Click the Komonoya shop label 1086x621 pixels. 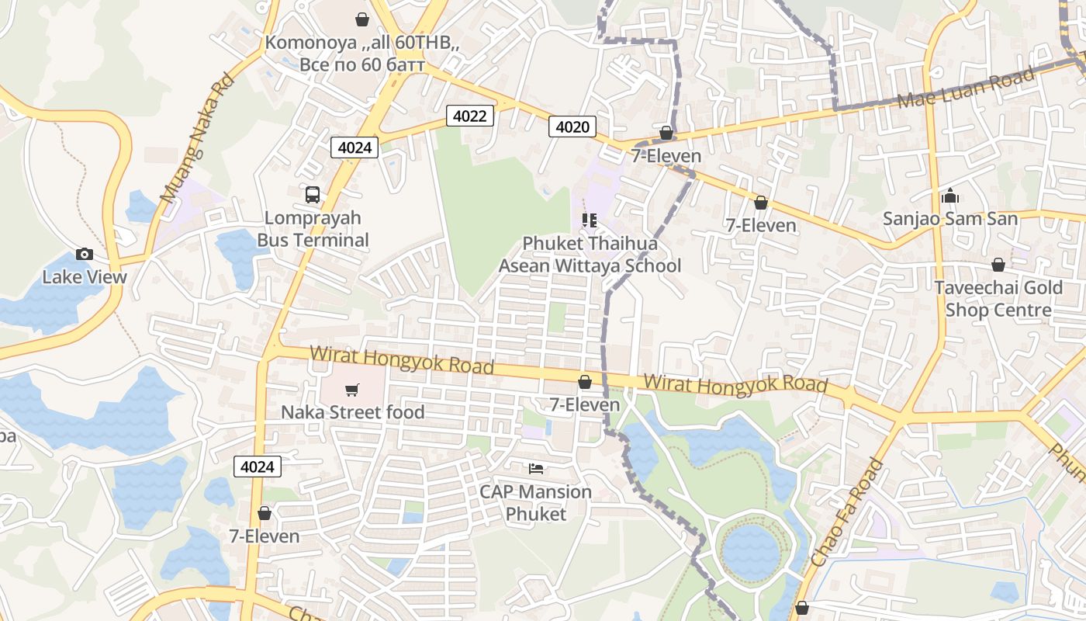361,53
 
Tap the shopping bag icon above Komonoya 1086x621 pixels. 361,19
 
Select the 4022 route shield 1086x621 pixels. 470,116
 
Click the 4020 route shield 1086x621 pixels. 572,127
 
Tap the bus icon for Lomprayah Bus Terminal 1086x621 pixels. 313,195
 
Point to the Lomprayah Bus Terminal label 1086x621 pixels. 313,229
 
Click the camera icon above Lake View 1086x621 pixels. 85,254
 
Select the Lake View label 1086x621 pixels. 85,277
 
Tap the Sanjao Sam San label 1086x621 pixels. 950,219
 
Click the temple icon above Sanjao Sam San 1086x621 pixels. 950,195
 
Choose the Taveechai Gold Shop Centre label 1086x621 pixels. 998,299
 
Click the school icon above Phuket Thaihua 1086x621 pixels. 590,220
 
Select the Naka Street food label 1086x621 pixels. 352,411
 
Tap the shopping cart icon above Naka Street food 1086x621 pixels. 352,389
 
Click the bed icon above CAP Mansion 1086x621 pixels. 535,468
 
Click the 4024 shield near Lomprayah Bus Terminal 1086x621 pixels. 355,147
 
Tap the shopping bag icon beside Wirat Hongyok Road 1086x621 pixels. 585,381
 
